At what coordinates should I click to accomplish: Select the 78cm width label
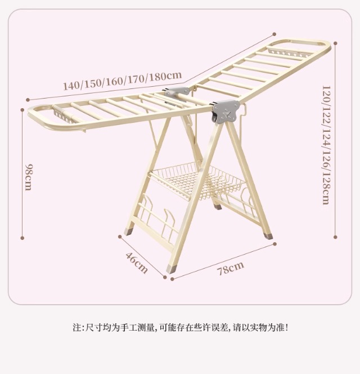[x=231, y=268]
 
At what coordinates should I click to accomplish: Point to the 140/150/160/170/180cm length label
[x=122, y=81]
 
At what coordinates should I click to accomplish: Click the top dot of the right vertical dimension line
[x=335, y=43]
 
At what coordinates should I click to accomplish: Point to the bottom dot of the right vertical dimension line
[x=335, y=238]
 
